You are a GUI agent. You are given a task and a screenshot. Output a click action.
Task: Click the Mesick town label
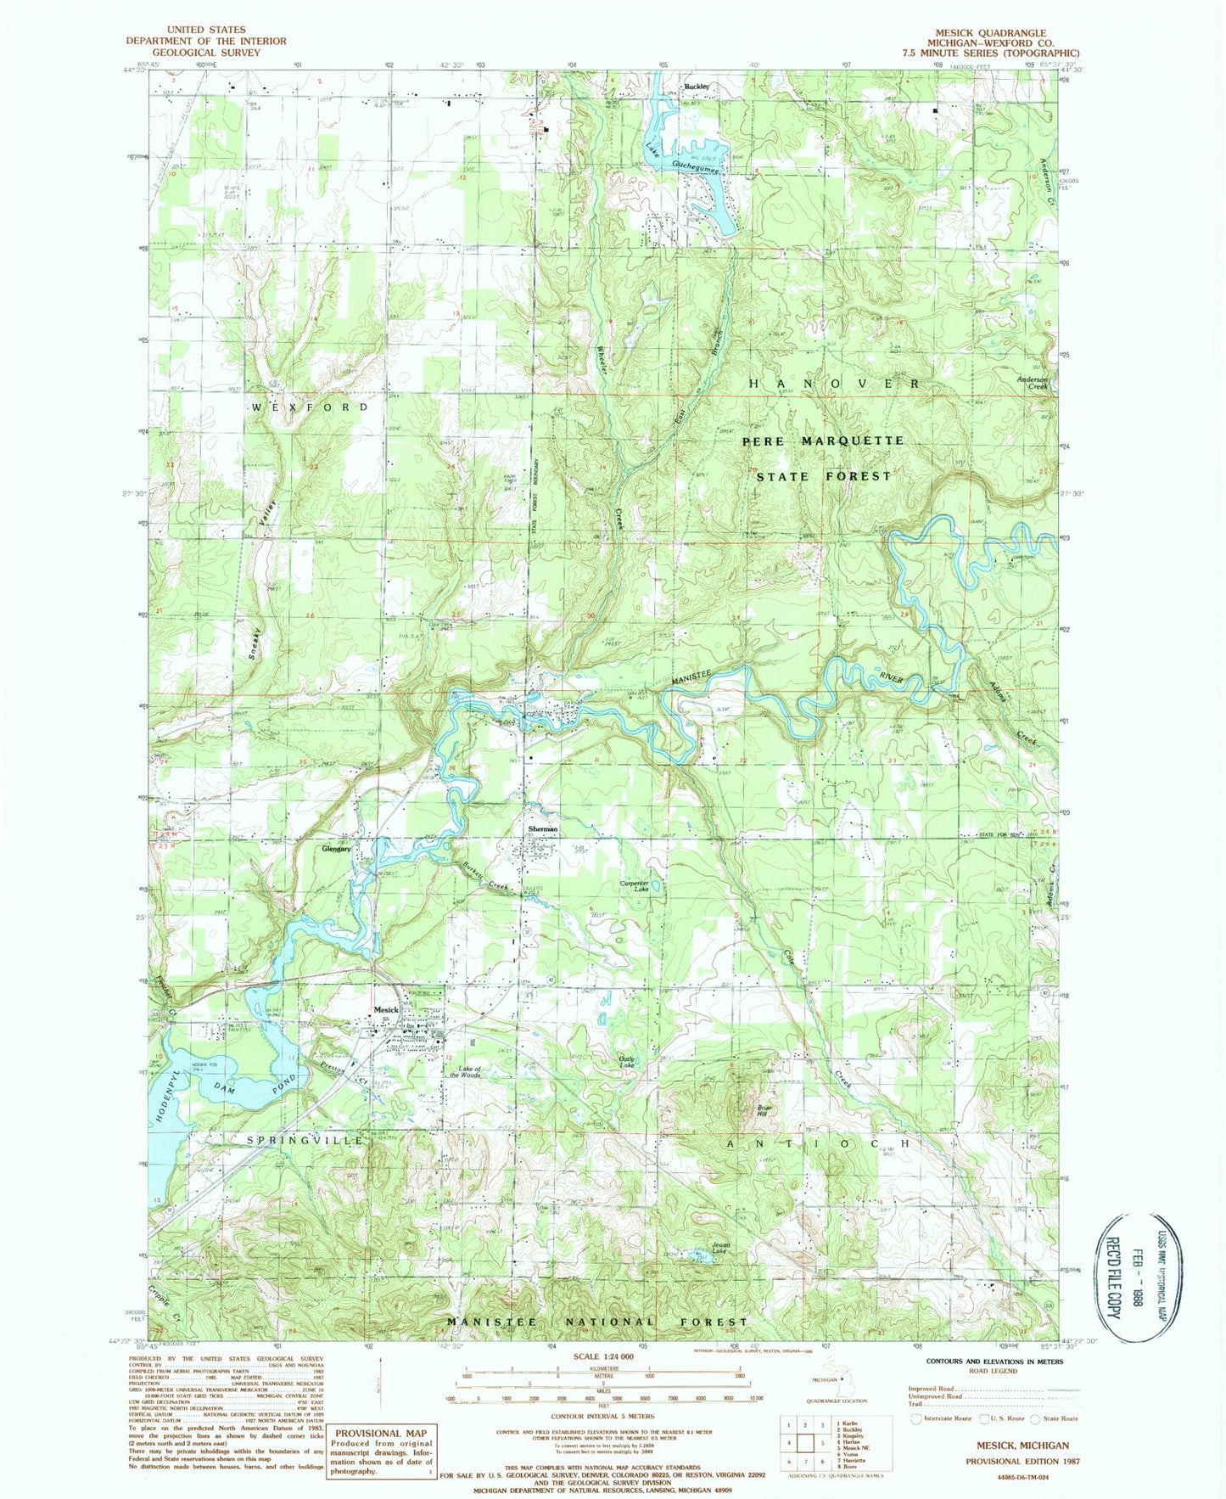[x=386, y=1009]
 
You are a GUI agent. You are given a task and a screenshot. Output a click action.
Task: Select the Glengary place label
[x=337, y=848]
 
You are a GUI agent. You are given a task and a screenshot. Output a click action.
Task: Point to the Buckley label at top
[x=697, y=87]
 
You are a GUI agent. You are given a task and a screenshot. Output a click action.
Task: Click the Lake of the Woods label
[x=465, y=1072]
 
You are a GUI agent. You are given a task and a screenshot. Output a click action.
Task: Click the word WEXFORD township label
[x=311, y=407]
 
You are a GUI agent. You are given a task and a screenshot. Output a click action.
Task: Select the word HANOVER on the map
[x=834, y=384]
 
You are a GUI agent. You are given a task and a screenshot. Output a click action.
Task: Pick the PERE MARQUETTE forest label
[x=823, y=441]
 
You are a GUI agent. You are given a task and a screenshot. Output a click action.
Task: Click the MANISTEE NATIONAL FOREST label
[x=598, y=1322]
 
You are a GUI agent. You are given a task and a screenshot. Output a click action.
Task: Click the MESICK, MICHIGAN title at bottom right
[x=1017, y=1446]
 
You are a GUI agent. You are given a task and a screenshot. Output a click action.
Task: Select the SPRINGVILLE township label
[x=305, y=1141]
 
